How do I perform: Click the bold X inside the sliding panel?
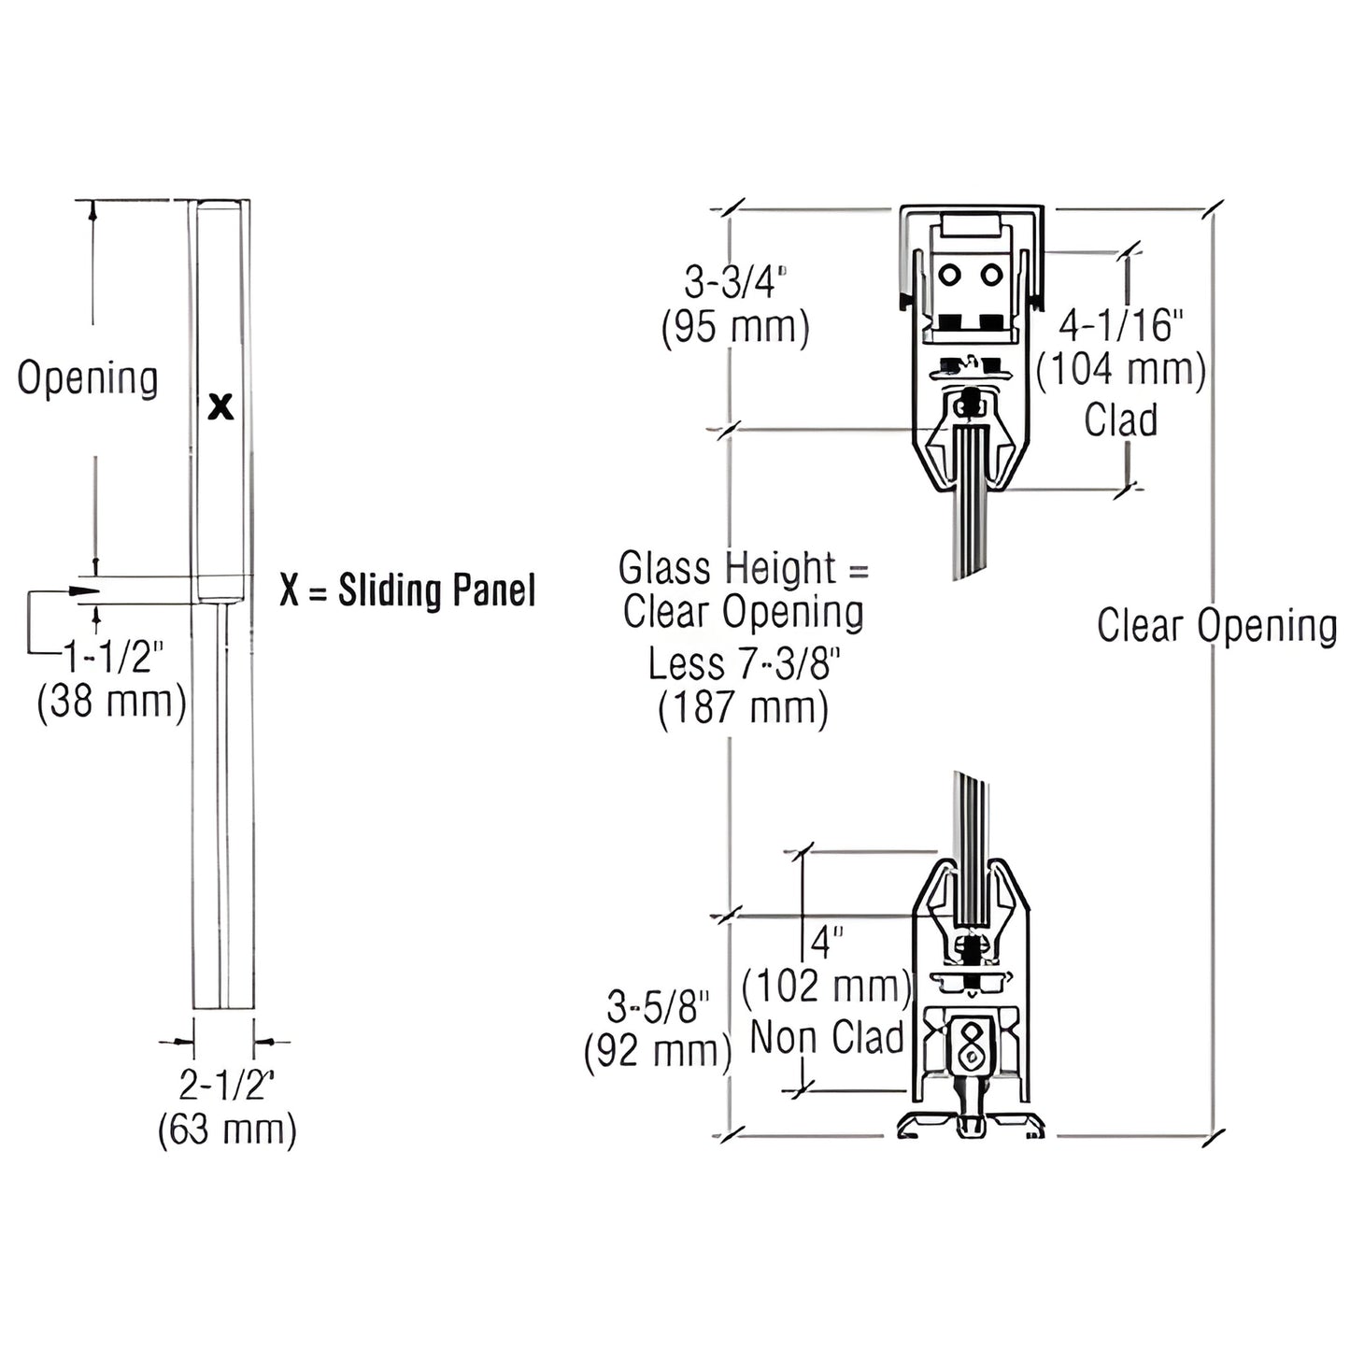220,406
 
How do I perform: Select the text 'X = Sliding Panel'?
407,590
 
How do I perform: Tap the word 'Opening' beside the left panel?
88,378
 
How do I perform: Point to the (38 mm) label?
111,701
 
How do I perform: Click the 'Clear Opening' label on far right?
1216,625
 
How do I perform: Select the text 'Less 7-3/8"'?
744,663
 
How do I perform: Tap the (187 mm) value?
744,709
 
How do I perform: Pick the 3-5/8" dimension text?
659,1007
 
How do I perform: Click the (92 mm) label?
657,1051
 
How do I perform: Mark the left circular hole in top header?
950,276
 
